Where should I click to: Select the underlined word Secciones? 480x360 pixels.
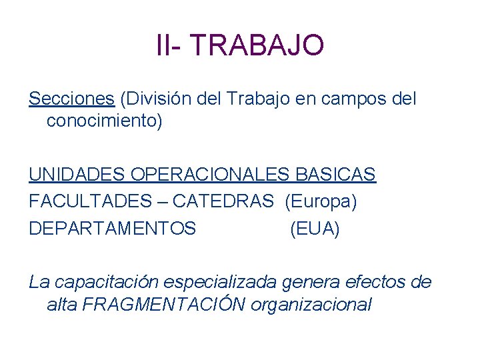coord(71,99)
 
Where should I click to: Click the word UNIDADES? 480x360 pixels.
coord(78,175)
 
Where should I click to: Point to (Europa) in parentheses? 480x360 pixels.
coord(321,202)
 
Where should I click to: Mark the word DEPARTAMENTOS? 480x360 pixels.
coord(113,229)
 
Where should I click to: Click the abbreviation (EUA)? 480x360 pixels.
coord(315,229)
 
